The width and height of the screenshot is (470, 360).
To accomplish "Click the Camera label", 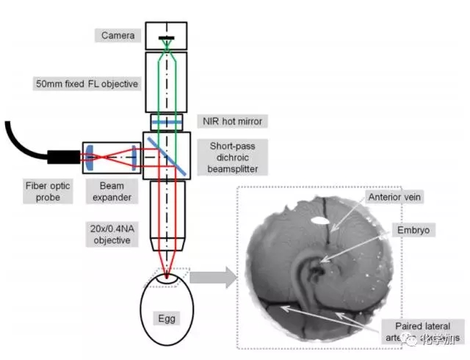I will click(x=117, y=35).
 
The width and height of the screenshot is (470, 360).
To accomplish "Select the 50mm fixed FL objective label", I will click(x=87, y=84).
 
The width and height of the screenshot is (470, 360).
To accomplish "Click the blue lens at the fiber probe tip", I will click(x=89, y=156).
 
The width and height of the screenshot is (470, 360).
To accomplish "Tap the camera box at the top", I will click(x=166, y=35).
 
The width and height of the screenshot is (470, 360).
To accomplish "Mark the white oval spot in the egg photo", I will click(x=320, y=219).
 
